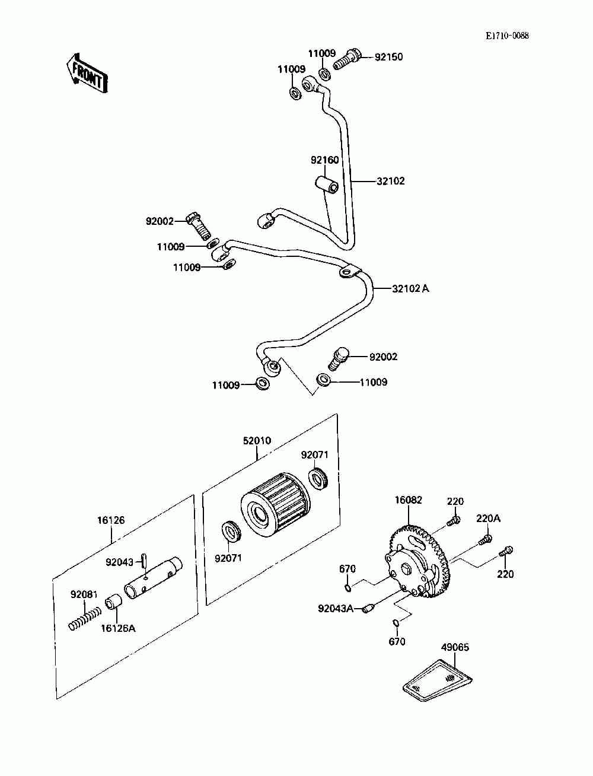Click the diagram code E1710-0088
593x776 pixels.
[507, 36]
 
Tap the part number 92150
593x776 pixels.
[388, 57]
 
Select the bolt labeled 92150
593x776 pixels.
[347, 59]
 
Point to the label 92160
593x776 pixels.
[324, 160]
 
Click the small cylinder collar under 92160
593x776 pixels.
[326, 184]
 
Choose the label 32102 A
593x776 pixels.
[410, 288]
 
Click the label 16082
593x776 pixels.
[408, 500]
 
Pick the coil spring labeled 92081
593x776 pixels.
[84, 619]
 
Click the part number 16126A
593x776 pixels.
[118, 628]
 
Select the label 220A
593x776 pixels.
[489, 519]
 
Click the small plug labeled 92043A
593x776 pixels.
[368, 609]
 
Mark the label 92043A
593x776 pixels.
[336, 608]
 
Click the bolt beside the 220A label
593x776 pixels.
[486, 540]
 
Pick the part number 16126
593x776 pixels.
[111, 520]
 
